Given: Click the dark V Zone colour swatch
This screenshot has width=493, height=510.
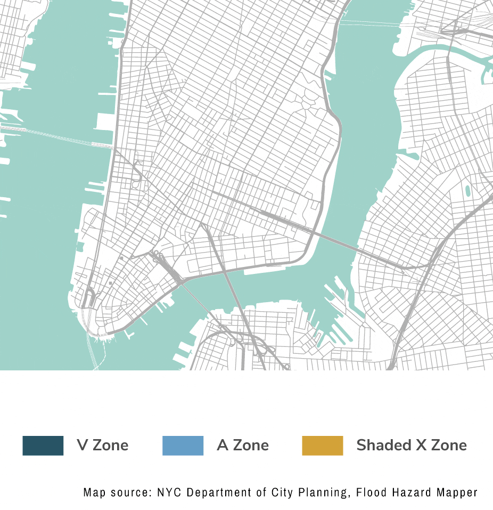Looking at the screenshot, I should (43, 446).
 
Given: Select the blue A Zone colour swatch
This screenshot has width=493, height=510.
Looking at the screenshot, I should (183, 446).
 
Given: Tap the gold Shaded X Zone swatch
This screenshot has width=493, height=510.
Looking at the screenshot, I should (322, 446).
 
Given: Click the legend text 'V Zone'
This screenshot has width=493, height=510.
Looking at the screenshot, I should (103, 445).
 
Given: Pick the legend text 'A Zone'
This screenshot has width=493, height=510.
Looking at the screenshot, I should (243, 445).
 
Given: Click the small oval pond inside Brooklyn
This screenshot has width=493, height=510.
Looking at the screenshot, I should (468, 191).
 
